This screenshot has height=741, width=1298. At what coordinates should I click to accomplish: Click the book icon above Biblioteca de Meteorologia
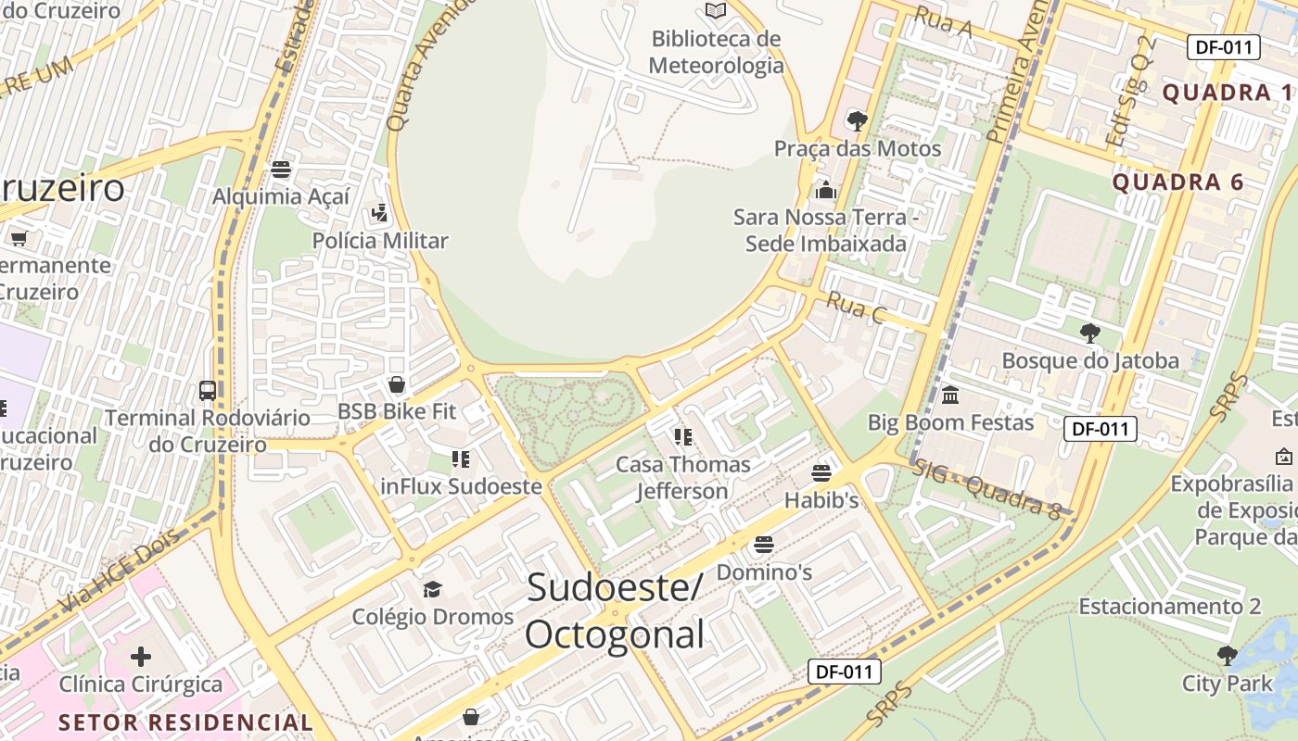[x=715, y=11]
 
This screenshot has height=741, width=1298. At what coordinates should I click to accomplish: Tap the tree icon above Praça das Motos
[x=857, y=120]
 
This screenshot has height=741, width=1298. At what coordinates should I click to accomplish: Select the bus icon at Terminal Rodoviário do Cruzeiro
[x=208, y=390]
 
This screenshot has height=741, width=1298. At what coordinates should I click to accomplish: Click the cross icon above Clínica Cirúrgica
[x=141, y=657]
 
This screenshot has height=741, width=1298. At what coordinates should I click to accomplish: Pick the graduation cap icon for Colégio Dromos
[x=432, y=589]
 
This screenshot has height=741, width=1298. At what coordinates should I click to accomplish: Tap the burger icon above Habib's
[x=821, y=473]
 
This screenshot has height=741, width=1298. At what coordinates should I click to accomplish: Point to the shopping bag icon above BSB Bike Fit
[x=397, y=384]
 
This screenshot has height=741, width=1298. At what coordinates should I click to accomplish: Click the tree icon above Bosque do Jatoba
[x=1090, y=333]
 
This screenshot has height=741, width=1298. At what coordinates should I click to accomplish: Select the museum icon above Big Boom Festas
[x=950, y=396]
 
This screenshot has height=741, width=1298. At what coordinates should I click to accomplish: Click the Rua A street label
[x=943, y=21]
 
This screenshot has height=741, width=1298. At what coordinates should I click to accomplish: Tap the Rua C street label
[x=856, y=308]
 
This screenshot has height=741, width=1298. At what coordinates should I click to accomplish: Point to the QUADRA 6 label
[x=1177, y=182]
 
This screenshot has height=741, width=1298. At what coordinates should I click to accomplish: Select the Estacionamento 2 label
[x=1169, y=607]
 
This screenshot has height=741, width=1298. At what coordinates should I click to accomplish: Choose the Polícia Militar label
[x=380, y=241]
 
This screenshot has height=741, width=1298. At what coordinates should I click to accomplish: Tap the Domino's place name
[x=764, y=572]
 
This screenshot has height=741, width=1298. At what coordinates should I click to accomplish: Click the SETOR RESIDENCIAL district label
[x=186, y=722]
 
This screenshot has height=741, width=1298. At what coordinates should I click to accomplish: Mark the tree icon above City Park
[x=1227, y=656]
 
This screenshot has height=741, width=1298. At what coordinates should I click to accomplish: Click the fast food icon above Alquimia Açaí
[x=281, y=170]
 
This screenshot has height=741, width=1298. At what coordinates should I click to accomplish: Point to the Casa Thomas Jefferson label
[x=683, y=477]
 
